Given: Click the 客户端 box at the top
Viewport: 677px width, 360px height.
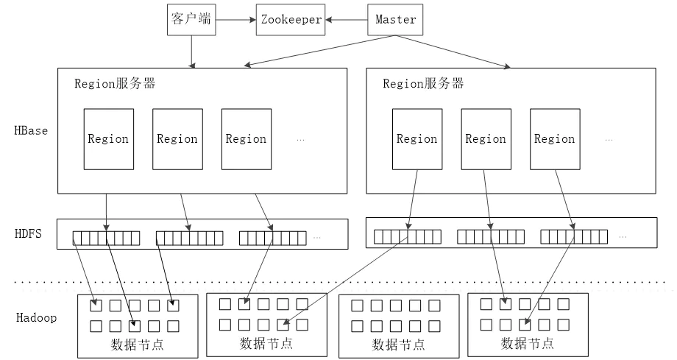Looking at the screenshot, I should click(x=191, y=19).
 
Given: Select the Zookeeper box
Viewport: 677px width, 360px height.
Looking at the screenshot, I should click(x=291, y=19).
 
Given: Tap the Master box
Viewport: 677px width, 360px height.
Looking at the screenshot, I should click(x=395, y=19).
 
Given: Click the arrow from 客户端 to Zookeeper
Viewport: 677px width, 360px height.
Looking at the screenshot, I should click(x=235, y=20).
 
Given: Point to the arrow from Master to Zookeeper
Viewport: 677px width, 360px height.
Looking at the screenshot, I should click(x=347, y=20).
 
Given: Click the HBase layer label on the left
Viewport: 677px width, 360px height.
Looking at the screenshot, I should click(x=31, y=131).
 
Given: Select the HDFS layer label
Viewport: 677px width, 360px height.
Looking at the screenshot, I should click(x=29, y=234).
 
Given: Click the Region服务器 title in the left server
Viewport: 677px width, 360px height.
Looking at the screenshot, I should click(x=115, y=83).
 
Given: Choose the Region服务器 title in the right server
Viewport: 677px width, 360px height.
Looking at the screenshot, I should click(x=423, y=83).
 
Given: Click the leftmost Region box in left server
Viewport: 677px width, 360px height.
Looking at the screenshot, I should click(x=108, y=139).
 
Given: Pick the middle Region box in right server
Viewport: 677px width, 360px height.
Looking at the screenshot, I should click(x=486, y=139).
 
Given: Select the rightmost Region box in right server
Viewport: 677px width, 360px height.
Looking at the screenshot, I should click(x=554, y=139).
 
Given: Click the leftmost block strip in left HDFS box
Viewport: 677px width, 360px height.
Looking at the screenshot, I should click(x=106, y=238).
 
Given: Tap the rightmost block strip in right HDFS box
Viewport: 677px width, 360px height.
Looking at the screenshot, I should click(x=574, y=236).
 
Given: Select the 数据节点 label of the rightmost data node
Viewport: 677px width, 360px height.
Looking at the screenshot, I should click(x=528, y=344).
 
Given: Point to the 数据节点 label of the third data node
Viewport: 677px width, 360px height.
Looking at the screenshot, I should click(x=398, y=344).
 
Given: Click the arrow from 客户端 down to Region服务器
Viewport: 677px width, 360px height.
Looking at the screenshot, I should click(x=191, y=51).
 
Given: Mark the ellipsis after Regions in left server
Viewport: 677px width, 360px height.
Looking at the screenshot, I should click(x=300, y=139).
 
